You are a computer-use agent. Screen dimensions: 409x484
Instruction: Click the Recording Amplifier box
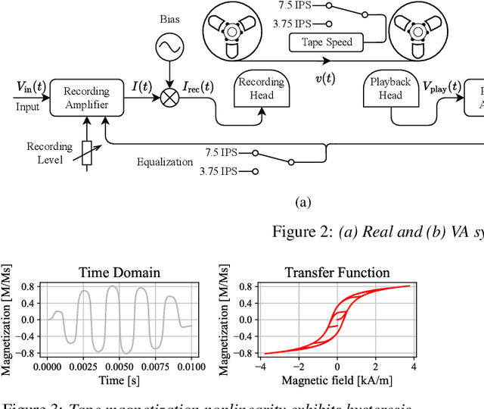(86, 97)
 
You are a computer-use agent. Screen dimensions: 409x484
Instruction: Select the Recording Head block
(260, 89)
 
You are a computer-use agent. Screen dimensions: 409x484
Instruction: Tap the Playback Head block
(390, 89)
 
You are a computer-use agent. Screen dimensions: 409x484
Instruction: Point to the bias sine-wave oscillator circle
(170, 49)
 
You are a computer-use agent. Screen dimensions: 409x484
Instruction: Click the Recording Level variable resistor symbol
(86, 155)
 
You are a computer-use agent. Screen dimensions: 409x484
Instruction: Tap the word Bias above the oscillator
(170, 17)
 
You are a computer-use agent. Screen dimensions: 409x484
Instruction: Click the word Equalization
(165, 162)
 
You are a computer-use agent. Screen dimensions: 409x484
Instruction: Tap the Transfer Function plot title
(337, 273)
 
